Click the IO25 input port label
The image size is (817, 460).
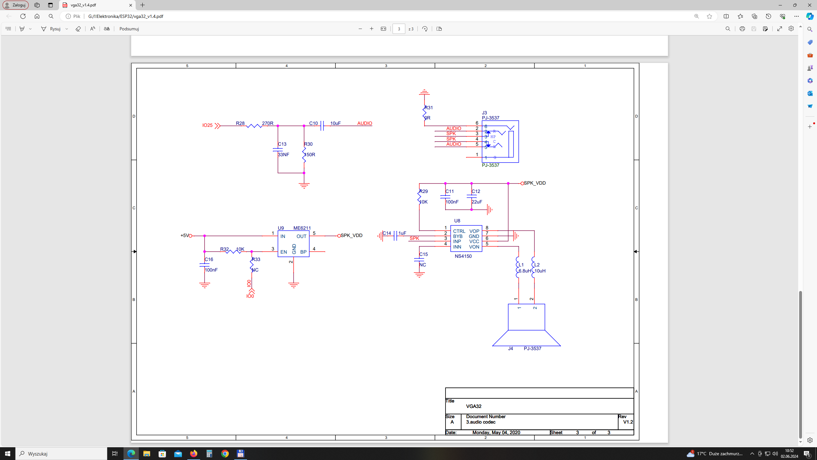(x=207, y=125)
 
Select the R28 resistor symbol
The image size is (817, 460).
(x=254, y=126)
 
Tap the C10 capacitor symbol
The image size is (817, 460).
(x=322, y=126)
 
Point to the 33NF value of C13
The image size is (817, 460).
(x=283, y=155)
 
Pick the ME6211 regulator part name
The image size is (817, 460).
(x=302, y=228)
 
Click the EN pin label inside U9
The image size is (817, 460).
(x=283, y=252)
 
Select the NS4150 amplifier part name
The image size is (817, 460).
(x=463, y=256)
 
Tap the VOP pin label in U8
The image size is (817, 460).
(x=474, y=231)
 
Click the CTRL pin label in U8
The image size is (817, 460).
(x=459, y=231)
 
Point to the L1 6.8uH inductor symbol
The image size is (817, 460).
(x=518, y=268)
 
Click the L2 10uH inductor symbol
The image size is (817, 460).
(x=533, y=268)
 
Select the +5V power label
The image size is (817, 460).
(x=184, y=235)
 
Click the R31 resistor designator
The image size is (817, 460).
(x=429, y=108)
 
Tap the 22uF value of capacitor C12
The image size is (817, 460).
(x=477, y=202)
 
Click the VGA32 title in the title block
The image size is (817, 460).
(x=474, y=406)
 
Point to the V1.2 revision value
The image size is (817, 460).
(x=628, y=422)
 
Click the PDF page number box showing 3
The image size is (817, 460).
(x=399, y=29)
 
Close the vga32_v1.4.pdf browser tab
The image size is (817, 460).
(x=131, y=5)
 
